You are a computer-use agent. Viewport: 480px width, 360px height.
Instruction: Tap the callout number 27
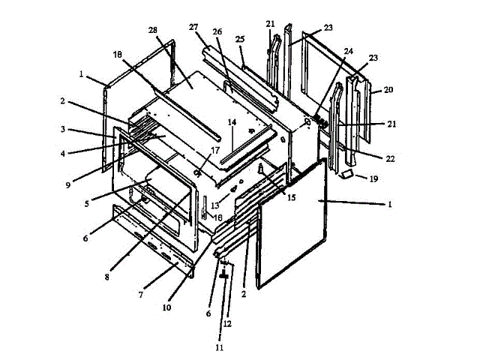pyautogui.click(x=193, y=27)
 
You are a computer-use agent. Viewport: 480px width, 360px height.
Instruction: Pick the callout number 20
pyautogui.click(x=388, y=88)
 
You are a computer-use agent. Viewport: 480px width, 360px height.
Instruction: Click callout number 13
pyautogui.click(x=214, y=204)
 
